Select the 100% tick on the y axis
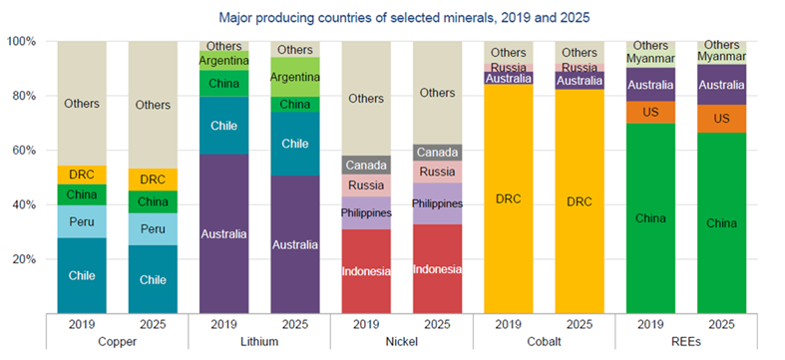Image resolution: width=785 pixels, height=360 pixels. pyautogui.click(x=21, y=42)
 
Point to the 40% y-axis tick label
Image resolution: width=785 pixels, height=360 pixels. pyautogui.click(x=24, y=204)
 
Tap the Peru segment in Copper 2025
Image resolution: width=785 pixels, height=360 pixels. pyautogui.click(x=153, y=229)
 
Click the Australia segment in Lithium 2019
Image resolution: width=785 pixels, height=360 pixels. pyautogui.click(x=224, y=234)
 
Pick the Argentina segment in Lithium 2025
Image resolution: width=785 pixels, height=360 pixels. pyautogui.click(x=294, y=77)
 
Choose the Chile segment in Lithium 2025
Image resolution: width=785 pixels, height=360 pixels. pyautogui.click(x=294, y=144)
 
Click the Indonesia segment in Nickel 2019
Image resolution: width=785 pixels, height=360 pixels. pyautogui.click(x=366, y=270)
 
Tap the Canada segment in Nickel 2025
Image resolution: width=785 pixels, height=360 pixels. pyautogui.click(x=437, y=153)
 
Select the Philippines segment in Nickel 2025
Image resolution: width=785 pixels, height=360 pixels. pyautogui.click(x=437, y=203)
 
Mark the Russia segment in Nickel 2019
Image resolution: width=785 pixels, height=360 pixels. pyautogui.click(x=366, y=185)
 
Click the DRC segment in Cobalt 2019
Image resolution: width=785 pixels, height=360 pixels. pyautogui.click(x=508, y=198)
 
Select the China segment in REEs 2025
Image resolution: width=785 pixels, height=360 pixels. pyautogui.click(x=720, y=223)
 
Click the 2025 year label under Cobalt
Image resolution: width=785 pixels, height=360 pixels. pyautogui.click(x=579, y=325)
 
